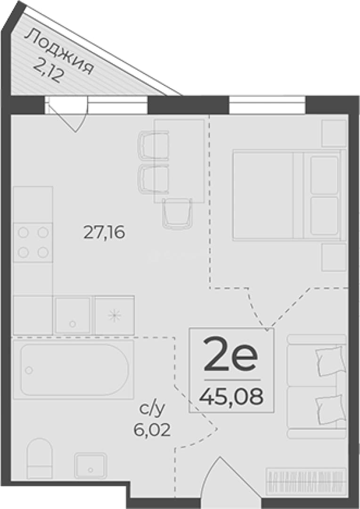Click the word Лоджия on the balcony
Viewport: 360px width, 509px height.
pos(59,52)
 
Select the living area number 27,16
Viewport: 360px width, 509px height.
pos(104,232)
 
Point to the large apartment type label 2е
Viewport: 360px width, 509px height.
pos(230,354)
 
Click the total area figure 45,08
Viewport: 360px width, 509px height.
pos(231,396)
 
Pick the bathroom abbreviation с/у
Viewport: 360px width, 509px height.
pos(152,410)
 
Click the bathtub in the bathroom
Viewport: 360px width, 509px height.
pos(74,370)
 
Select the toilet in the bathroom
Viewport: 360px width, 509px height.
pos(40,459)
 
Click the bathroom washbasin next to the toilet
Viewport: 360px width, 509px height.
pos(90,466)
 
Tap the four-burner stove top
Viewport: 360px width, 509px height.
pos(33,243)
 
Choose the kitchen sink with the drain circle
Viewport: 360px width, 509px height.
pos(73,315)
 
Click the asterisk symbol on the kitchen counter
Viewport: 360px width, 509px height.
pos(114,315)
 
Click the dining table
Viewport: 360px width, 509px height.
pos(179,161)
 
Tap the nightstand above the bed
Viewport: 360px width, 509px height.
pos(334,133)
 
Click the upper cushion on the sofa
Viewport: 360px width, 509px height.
pos(330,361)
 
